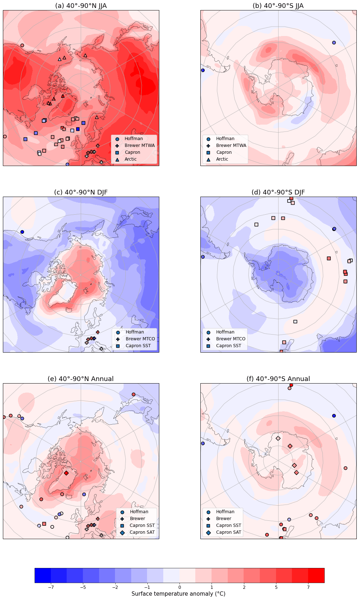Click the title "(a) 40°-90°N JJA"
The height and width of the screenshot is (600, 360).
81,6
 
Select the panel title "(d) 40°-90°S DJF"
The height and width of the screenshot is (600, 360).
278,192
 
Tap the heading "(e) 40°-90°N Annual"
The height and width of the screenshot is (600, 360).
81,379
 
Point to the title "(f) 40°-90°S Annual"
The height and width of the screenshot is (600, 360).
278,379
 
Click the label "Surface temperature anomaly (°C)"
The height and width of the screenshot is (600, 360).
178,594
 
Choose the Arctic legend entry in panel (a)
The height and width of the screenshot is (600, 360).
130,159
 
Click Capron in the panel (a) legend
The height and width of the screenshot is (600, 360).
132,152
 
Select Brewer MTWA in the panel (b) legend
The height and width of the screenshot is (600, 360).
231,145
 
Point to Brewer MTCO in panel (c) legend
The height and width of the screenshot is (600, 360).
140,339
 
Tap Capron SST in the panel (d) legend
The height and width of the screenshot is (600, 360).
228,346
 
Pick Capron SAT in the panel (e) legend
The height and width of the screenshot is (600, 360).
142,532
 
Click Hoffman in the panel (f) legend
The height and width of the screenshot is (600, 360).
225,512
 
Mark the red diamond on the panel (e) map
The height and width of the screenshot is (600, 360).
66,473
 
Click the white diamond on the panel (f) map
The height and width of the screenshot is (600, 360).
278,438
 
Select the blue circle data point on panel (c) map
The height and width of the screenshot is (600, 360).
22,232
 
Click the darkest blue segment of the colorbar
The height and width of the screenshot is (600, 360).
43,575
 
